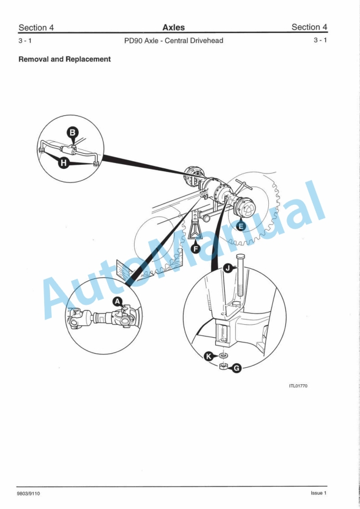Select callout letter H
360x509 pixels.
[x=64, y=164]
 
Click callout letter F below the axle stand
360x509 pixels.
[x=195, y=249]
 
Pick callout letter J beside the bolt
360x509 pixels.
[x=228, y=268]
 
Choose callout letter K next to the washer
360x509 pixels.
[x=208, y=355]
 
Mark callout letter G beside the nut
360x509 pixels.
[x=236, y=368]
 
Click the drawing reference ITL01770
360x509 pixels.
[x=298, y=386]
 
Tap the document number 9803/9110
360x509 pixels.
[x=29, y=493]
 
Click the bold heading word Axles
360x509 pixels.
[x=174, y=27]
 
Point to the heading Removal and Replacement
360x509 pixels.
[x=65, y=59]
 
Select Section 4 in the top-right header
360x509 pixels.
[x=309, y=27]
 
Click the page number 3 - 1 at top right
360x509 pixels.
[x=321, y=41]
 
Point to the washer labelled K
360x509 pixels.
[x=223, y=355]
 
